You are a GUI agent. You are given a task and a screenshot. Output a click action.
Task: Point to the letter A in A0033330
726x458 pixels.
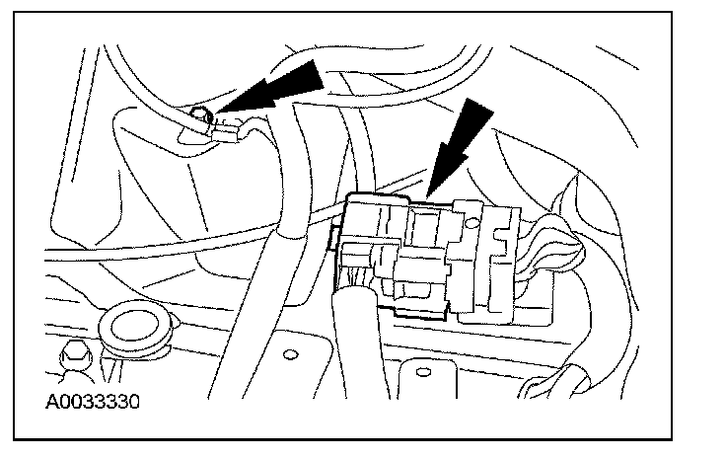pyautogui.click(x=51, y=402)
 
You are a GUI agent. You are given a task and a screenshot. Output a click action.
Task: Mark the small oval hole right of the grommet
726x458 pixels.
pyautogui.click(x=290, y=351)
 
